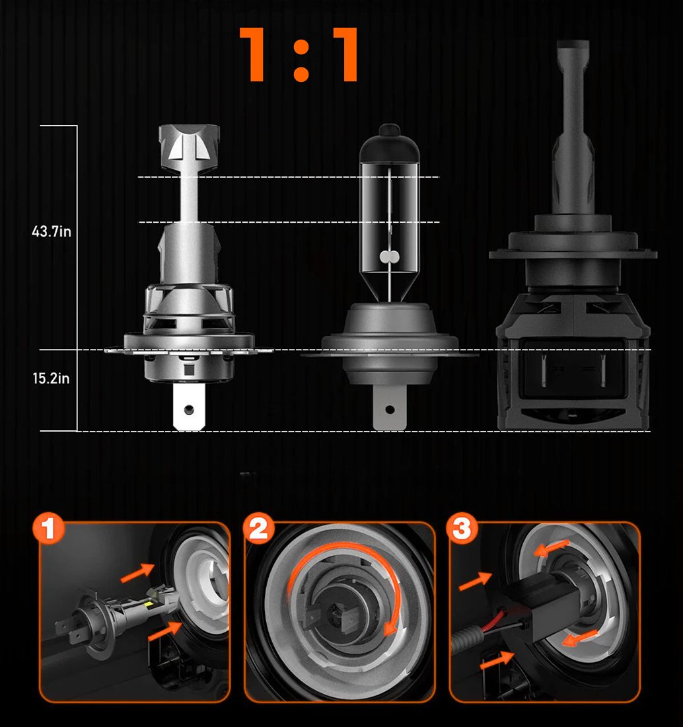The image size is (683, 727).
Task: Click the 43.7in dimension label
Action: point(52,231)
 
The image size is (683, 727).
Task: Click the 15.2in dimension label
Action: point(51,378)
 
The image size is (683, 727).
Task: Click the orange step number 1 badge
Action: point(49,528)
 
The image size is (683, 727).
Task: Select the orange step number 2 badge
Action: point(258,528)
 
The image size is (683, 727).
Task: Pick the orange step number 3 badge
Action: point(462,528)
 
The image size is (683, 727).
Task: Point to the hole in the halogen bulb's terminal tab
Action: point(390,410)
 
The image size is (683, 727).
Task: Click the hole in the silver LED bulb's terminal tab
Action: point(189,409)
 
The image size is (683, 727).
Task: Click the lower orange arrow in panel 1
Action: point(165,631)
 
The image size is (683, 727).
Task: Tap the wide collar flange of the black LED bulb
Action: point(573,254)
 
